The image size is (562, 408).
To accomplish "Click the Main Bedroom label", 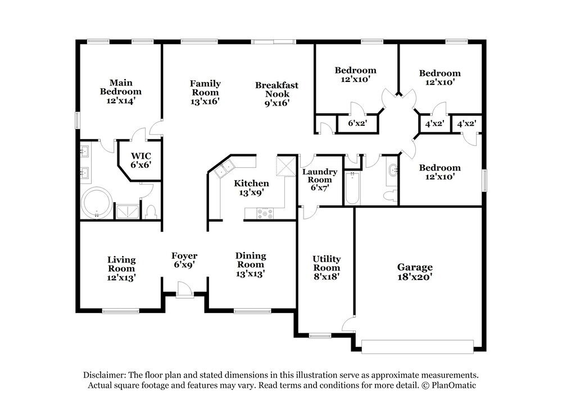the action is [x=121, y=91].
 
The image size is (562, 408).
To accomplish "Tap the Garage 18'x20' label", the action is [x=415, y=272].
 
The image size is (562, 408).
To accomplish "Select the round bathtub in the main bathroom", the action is [x=97, y=203].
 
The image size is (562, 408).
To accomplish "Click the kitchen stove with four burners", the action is [x=265, y=213].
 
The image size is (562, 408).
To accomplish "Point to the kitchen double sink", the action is [x=224, y=169].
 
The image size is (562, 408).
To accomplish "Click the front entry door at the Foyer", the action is [x=185, y=290].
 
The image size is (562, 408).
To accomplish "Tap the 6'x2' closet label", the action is [x=357, y=123].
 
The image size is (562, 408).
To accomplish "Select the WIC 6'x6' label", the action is [x=141, y=161].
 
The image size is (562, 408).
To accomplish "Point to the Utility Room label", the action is [x=327, y=267].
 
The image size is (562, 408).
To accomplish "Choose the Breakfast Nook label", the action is [x=277, y=94].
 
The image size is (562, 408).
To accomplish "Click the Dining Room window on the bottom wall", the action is [x=252, y=311].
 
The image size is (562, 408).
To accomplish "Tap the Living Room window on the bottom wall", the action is [x=121, y=311].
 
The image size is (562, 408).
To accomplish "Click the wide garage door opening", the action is [x=418, y=347].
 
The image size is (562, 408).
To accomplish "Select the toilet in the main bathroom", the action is [x=151, y=212].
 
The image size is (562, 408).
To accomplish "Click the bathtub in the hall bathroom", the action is [x=352, y=188].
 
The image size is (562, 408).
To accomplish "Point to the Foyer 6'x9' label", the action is [x=184, y=260].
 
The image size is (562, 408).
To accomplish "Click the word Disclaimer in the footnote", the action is [x=105, y=375].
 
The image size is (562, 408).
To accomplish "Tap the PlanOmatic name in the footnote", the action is [x=454, y=386].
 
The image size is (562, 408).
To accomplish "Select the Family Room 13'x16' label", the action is [x=205, y=93].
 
